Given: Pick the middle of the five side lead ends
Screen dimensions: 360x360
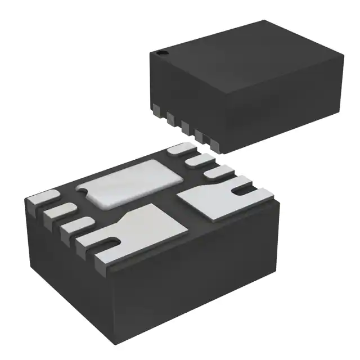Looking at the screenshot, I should coord(183,125).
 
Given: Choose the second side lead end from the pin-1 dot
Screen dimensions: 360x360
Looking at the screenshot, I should coord(170,116).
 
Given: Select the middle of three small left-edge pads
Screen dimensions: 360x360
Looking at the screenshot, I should coord(58,211).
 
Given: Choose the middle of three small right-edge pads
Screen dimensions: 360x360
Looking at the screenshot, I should coord(197,161).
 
